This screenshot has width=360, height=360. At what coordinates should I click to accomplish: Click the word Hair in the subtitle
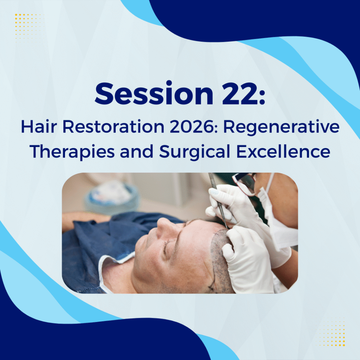[x=39, y=127]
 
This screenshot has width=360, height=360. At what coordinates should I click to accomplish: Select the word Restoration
[x=114, y=127]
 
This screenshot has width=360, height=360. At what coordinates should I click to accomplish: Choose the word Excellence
[x=283, y=152]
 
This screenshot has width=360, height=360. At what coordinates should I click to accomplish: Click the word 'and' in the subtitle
[x=137, y=152]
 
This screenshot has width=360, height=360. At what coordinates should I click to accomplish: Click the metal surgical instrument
[x=218, y=200]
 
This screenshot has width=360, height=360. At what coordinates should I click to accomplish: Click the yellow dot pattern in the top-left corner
[x=29, y=27]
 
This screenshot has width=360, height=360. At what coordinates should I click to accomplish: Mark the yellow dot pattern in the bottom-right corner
[x=330, y=332]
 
